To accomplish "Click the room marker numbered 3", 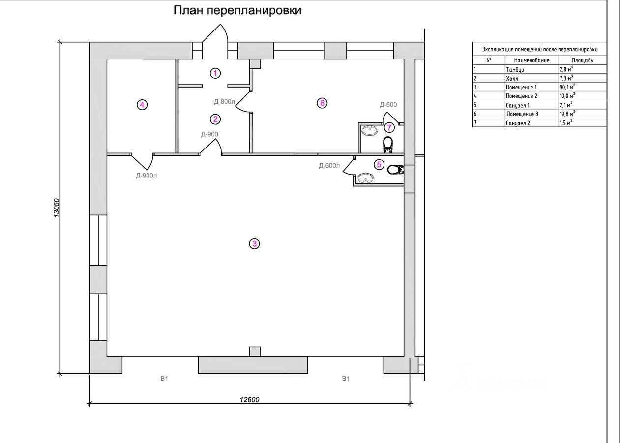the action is tap(254, 243).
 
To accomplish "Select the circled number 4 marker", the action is tap(142, 105).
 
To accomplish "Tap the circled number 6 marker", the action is tap(322, 103).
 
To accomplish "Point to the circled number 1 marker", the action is tap(215, 73).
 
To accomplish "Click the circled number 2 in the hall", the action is tap(215, 119).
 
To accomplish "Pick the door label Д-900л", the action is tap(147, 175).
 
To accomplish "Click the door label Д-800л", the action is tap(225, 102).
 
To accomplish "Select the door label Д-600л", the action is tap(329, 166).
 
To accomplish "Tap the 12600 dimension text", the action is tap(249, 399).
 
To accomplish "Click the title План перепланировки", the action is tap(237, 11).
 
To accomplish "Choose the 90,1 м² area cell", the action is tap(567, 87).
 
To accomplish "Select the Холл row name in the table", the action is tap(512, 78).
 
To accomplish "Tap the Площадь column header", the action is tap(582, 60).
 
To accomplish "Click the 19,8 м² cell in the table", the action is tap(567, 114).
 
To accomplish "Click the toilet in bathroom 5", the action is tap(395, 170).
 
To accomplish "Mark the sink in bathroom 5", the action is tap(364, 178).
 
